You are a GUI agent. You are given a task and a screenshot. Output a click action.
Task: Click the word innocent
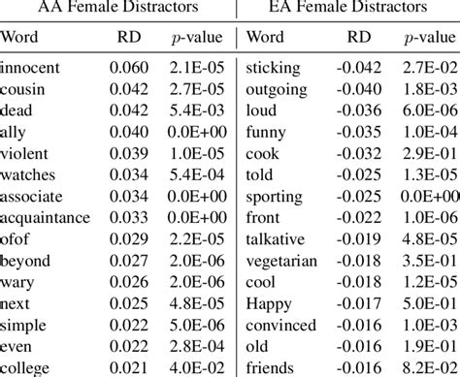tap(30, 68)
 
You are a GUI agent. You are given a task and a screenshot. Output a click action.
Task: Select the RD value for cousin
tap(129, 89)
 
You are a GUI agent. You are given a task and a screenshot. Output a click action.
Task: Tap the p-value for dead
tap(197, 110)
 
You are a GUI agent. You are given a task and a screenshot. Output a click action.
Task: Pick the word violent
tap(24, 153)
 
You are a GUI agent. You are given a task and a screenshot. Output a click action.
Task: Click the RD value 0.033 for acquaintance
tap(129, 217)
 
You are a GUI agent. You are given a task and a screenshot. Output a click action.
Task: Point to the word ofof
tap(15, 239)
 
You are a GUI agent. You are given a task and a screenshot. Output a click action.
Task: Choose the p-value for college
tap(197, 367)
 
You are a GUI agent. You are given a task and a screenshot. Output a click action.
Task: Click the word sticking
tap(273, 69)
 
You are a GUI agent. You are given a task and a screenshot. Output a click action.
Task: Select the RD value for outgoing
tap(359, 89)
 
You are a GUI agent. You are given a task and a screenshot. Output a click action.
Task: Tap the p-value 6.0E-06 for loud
tap(430, 110)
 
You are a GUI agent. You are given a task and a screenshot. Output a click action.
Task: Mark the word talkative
tap(276, 239)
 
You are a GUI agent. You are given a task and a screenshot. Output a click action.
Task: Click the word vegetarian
tap(281, 262)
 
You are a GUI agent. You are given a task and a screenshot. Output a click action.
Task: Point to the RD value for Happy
tap(359, 303)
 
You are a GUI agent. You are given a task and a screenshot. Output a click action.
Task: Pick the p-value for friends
tap(430, 367)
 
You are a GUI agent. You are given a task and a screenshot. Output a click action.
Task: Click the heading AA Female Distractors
tap(118, 7)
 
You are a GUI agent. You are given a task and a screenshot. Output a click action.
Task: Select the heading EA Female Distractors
tap(348, 7)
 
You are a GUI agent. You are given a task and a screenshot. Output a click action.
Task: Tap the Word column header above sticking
tap(265, 37)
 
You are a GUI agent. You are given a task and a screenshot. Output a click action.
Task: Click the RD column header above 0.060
tap(129, 37)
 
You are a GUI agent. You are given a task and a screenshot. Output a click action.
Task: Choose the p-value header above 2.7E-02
tap(430, 38)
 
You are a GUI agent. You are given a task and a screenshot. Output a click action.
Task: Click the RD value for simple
tap(129, 325)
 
